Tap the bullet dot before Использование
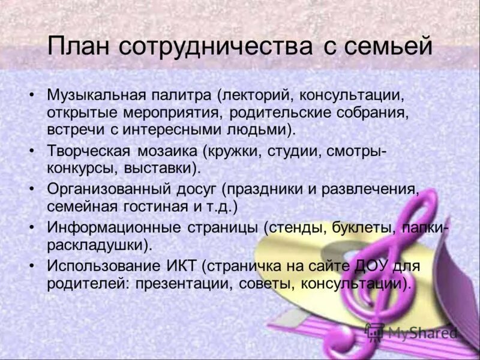[32, 266]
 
